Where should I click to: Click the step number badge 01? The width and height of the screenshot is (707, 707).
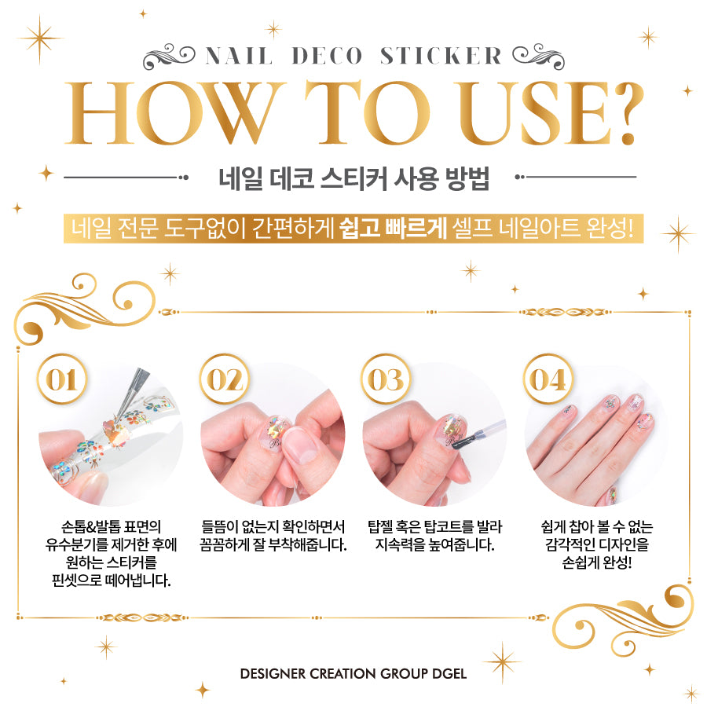tap(62, 379)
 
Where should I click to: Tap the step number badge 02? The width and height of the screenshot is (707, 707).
tap(224, 379)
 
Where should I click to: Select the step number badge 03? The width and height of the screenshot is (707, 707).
tap(386, 379)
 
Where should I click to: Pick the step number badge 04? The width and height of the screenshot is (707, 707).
tap(548, 379)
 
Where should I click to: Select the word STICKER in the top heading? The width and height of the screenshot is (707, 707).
tap(441, 57)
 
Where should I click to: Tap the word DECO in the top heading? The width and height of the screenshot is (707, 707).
tap(327, 57)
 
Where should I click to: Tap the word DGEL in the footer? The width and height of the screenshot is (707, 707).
tap(449, 674)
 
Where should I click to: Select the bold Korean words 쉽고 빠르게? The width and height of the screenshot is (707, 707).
tap(392, 228)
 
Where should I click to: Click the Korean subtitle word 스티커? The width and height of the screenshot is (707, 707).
tap(354, 179)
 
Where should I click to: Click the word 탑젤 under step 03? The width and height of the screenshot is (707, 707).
tap(380, 526)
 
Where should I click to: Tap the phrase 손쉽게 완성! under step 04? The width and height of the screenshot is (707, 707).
tap(596, 562)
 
